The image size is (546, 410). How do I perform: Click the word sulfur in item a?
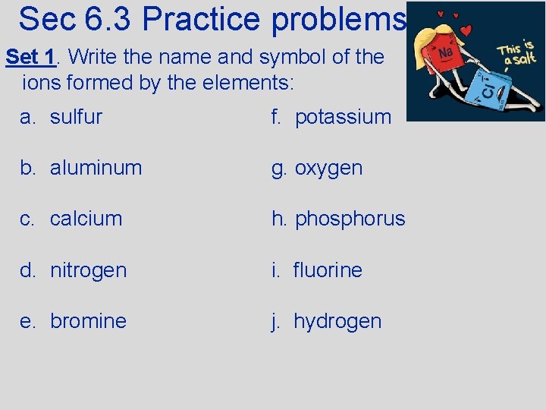pyautogui.click(x=76, y=117)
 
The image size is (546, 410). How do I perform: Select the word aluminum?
pyautogui.click(x=96, y=168)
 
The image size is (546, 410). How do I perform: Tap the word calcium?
pyautogui.click(x=86, y=219)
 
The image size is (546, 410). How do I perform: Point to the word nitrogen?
pyautogui.click(x=88, y=270)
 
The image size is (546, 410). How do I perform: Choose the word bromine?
pyautogui.click(x=88, y=321)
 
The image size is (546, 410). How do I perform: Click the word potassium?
pyautogui.click(x=343, y=117)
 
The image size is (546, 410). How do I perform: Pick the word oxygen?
pyautogui.click(x=328, y=168)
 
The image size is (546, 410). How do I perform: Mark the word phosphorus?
pyautogui.click(x=350, y=219)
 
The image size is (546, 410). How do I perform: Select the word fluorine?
pyautogui.click(x=328, y=270)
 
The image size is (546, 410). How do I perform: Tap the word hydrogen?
pyautogui.click(x=337, y=321)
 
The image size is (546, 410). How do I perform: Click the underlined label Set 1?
pyautogui.click(x=31, y=57)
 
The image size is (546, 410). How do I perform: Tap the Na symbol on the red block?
pyautogui.click(x=447, y=52)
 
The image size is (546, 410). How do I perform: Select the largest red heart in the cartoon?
pyautogui.click(x=466, y=31)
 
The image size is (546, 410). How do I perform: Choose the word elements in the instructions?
pyautogui.click(x=249, y=82)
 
